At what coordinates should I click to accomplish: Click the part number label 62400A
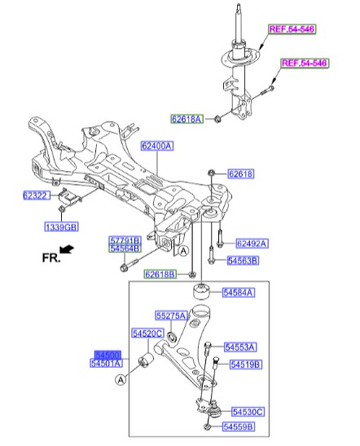coord(156,147)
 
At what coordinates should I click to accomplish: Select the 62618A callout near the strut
coord(187,119)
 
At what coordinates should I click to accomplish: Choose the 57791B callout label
coord(125,240)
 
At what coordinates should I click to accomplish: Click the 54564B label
coord(125,248)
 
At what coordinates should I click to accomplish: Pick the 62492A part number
coord(252,243)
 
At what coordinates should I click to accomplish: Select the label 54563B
coord(242,260)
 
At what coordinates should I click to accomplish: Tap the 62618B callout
coord(160,274)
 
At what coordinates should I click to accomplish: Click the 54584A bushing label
coord(238,291)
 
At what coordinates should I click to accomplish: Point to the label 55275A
coord(172,315)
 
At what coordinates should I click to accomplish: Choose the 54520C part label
coord(148,333)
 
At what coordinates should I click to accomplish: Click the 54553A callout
coord(240,346)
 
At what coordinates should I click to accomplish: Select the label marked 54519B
coord(245,365)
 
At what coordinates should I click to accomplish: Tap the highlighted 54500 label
coord(108,356)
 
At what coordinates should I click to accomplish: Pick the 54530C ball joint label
coord(248,413)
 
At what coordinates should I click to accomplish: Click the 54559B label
coord(239,426)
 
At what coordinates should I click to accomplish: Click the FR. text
coord(52,257)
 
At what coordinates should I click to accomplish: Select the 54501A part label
coord(108,364)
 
